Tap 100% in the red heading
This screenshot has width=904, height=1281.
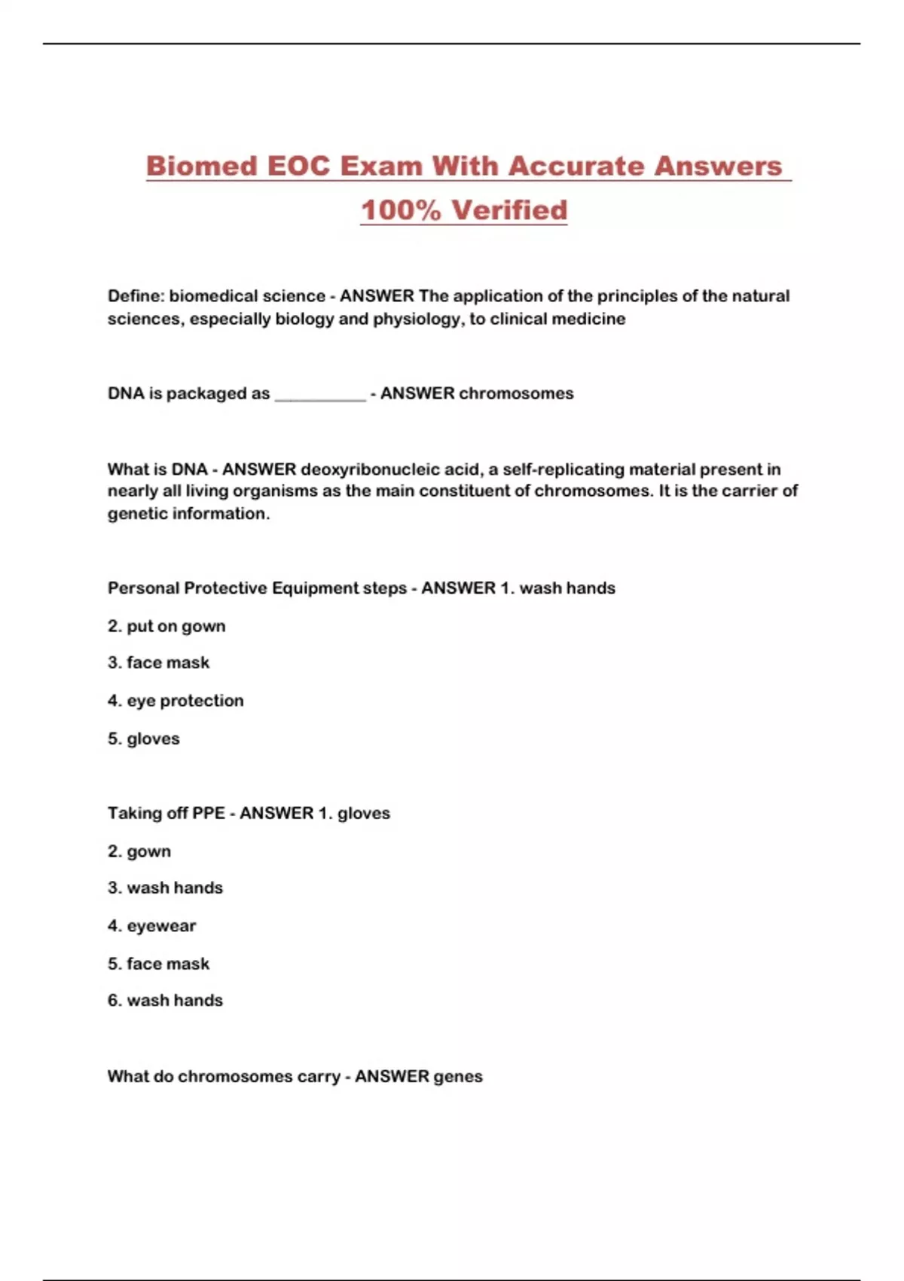point(400,210)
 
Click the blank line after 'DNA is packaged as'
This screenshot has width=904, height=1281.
point(320,395)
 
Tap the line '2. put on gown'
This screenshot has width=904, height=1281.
point(166,626)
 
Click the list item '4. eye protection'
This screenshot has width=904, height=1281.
point(176,701)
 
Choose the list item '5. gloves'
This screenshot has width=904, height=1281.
point(144,738)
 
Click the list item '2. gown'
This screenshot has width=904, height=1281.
point(139,851)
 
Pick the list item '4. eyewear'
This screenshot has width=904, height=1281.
point(151,926)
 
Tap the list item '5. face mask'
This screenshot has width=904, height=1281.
point(158,964)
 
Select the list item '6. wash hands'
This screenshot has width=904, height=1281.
point(165,1001)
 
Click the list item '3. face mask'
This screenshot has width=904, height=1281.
point(158,663)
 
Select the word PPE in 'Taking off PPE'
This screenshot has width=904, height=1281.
point(209,814)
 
